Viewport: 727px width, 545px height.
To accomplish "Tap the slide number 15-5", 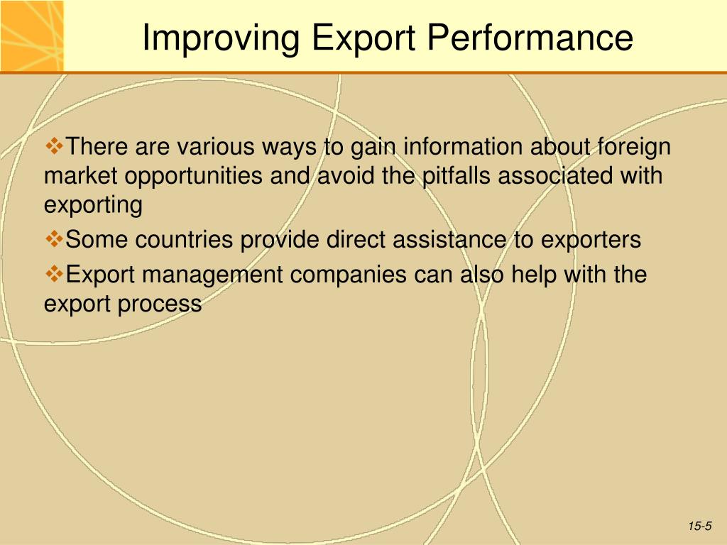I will point(699,526).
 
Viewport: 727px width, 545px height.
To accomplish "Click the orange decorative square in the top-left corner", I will point(31,35).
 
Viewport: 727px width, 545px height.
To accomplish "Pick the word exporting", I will point(93,207).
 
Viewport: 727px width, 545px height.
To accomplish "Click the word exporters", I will point(591,241).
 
